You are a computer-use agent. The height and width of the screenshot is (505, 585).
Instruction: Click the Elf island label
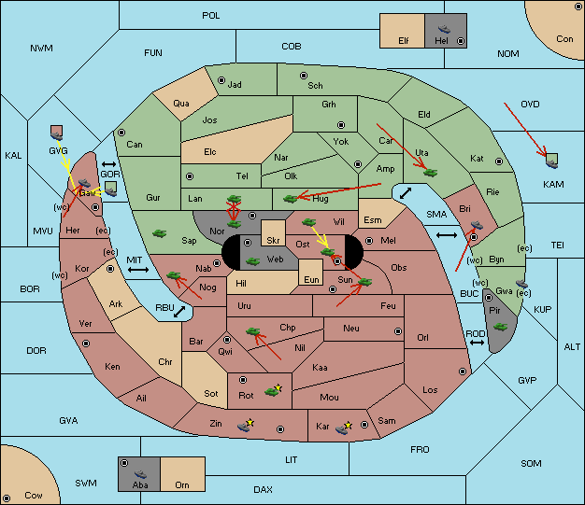pos(404,41)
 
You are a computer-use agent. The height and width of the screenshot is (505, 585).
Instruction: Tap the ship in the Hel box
pos(442,29)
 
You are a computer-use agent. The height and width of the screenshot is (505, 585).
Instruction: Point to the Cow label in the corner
pos(33,495)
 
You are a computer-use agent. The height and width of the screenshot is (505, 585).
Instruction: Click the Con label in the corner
pos(564,39)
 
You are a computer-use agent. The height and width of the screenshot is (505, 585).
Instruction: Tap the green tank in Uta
pos(430,171)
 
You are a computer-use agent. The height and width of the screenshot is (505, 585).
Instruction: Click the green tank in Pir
pos(500,327)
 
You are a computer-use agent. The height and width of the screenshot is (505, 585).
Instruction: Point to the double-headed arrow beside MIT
pos(139,269)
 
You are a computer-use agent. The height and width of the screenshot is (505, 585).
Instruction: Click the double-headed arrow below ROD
pos(477,344)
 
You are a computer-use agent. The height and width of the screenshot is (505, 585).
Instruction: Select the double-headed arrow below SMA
pos(448,236)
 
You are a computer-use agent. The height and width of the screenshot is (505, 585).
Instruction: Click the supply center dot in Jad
pos(221,80)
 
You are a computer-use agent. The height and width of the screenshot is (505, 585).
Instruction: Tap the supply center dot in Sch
pos(303,75)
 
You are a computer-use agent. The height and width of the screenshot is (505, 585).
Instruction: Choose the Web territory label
pos(275,259)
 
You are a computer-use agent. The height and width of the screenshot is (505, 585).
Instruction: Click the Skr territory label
pos(274,239)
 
